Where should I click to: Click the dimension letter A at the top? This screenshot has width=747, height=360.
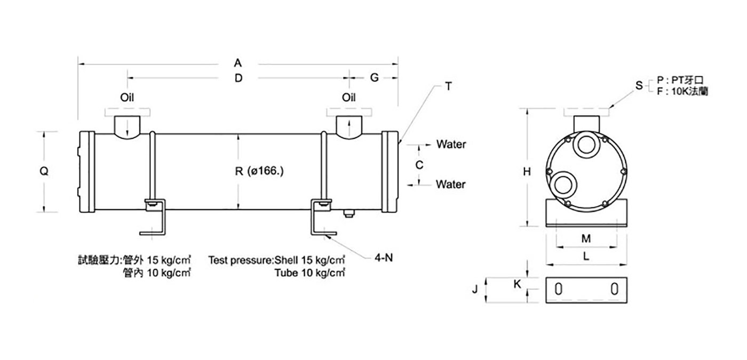238,63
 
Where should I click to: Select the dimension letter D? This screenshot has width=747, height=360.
239,78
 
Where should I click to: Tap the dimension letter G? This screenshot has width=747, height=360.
375,78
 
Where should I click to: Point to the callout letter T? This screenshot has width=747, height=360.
449,86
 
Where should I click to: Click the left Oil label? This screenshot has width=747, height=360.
127,97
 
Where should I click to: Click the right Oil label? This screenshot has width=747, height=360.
349,97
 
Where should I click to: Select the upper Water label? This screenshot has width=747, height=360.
451,145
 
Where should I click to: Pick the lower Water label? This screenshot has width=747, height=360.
450,184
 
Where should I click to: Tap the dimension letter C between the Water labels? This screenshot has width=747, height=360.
419,165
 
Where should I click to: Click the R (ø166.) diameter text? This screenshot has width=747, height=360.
259,171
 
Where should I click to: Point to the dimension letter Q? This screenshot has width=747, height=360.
44,171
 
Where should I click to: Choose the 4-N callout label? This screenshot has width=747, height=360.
384,257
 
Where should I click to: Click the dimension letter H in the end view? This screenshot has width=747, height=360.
527,171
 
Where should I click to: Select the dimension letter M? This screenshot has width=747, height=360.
586,238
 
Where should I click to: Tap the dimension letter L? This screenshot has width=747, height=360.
586,256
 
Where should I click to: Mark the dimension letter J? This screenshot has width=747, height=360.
475,289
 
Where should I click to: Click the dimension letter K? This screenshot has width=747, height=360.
517,284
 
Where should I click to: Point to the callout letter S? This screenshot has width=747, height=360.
639,85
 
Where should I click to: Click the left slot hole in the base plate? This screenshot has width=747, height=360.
559,289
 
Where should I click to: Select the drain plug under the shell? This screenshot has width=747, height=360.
349,213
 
